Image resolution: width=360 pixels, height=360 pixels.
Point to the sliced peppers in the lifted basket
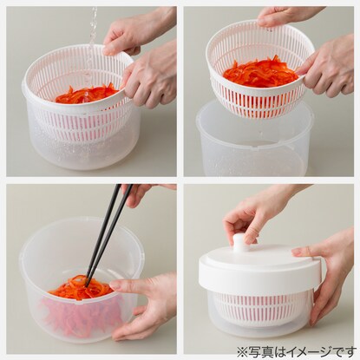(x=260, y=71)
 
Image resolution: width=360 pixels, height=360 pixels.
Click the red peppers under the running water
(x=87, y=94)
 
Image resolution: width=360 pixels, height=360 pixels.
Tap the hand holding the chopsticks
(x=141, y=193)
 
